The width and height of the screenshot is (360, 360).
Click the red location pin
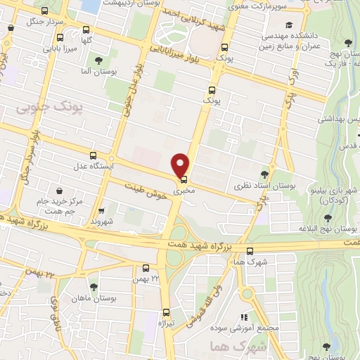181,165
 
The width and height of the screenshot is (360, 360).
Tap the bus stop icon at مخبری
184,179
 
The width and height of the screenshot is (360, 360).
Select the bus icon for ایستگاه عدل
91,155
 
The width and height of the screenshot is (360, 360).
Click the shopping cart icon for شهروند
102,210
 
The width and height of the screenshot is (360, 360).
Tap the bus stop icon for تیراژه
167,312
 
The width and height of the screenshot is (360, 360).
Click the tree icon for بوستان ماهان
94,286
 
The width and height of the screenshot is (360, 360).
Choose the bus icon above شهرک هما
250,251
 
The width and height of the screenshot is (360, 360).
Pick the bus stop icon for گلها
86,30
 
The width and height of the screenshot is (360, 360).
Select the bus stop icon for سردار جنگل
45,11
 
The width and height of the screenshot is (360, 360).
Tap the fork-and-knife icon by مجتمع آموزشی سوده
245,318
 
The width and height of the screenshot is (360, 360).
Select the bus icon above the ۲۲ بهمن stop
146,268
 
